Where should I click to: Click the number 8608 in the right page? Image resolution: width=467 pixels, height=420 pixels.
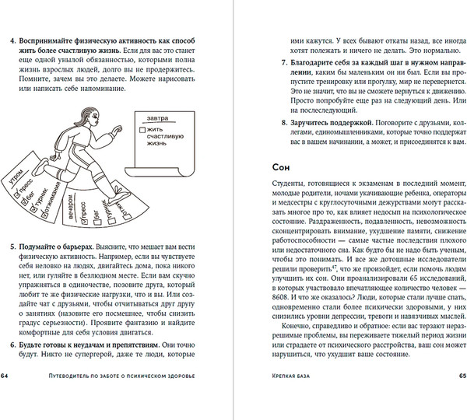pos(279,285)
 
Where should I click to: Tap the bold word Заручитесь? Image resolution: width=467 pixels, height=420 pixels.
pos(313,124)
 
